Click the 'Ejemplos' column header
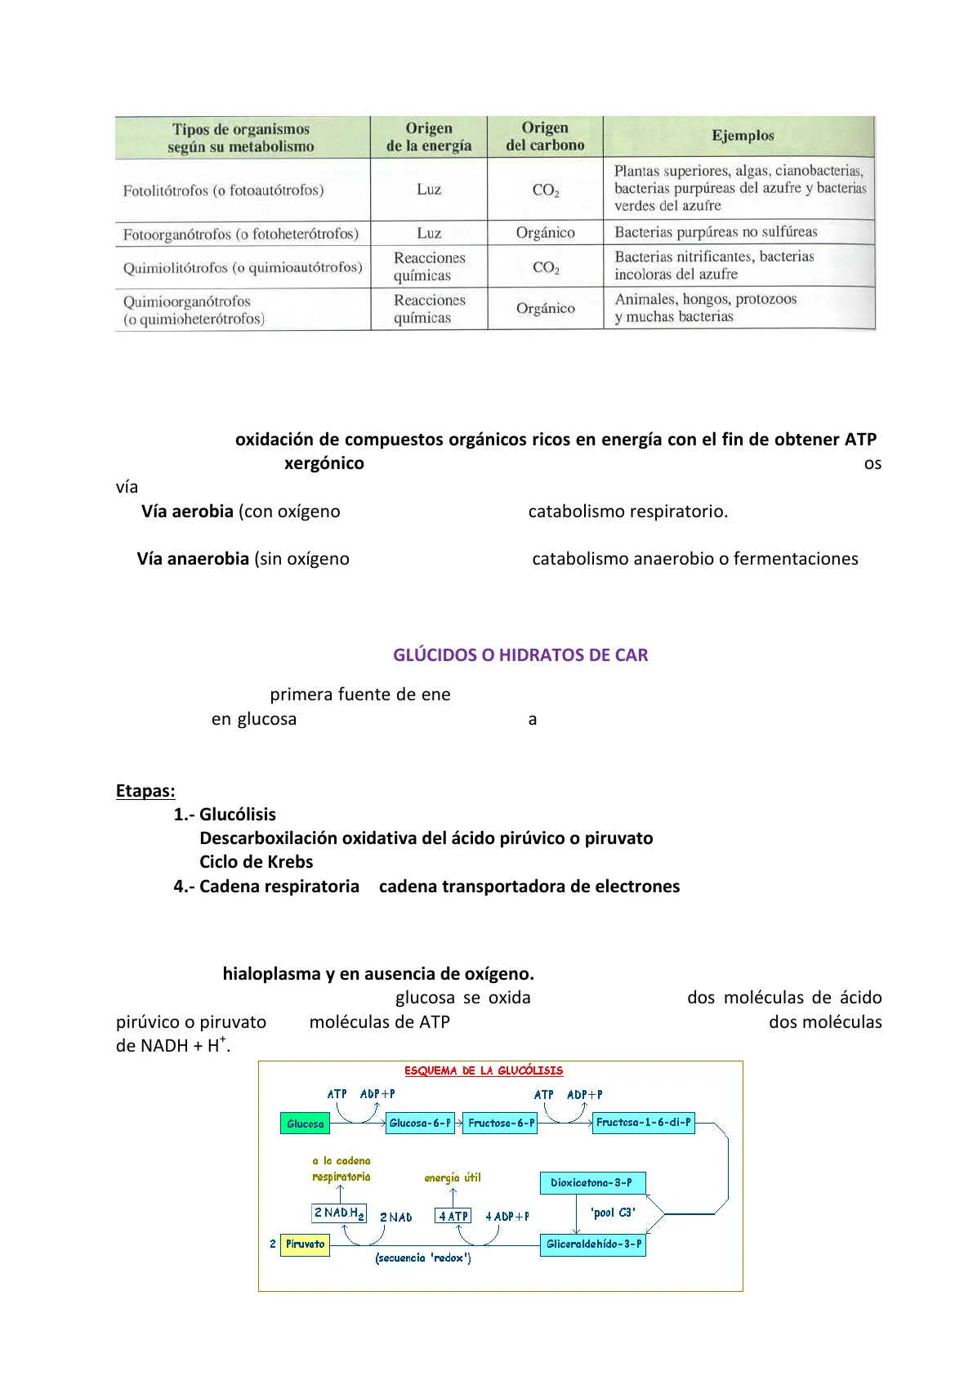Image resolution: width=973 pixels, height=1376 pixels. pyautogui.click(x=742, y=136)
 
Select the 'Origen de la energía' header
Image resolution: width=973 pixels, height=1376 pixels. pyautogui.click(x=429, y=137)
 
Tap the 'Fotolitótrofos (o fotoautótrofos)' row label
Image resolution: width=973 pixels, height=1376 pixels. pyautogui.click(x=223, y=190)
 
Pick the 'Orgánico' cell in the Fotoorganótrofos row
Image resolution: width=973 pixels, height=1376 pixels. pyautogui.click(x=545, y=233)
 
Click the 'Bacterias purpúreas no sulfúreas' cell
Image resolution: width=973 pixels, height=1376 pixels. pyautogui.click(x=716, y=232)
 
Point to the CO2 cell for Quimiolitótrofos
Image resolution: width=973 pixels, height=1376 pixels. pyautogui.click(x=545, y=267)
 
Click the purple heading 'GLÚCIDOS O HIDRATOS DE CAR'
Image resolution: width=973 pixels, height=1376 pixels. pyautogui.click(x=520, y=655)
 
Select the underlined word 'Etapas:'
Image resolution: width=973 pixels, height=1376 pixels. pyautogui.click(x=145, y=791)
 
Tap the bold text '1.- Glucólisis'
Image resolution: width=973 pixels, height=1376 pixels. pyautogui.click(x=225, y=815)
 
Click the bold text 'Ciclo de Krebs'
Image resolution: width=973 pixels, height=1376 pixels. pyautogui.click(x=256, y=862)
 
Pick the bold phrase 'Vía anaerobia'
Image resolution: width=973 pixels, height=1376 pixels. pyautogui.click(x=193, y=559)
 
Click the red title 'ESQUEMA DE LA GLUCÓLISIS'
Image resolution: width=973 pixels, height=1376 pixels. pyautogui.click(x=484, y=1070)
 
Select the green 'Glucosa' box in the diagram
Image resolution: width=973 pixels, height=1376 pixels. pyautogui.click(x=306, y=1124)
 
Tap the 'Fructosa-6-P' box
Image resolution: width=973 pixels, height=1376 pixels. pyautogui.click(x=501, y=1123)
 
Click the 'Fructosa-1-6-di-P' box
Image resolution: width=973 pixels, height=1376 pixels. pyautogui.click(x=643, y=1122)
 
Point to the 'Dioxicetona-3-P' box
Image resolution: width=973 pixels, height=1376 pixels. pyautogui.click(x=591, y=1182)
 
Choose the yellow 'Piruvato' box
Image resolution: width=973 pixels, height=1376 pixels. pyautogui.click(x=305, y=1244)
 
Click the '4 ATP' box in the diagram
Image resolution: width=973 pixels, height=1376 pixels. pyautogui.click(x=453, y=1216)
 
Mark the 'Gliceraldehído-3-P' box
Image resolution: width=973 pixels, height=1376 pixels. pyautogui.click(x=593, y=1244)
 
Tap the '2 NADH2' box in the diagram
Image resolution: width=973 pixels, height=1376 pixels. pyautogui.click(x=339, y=1213)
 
